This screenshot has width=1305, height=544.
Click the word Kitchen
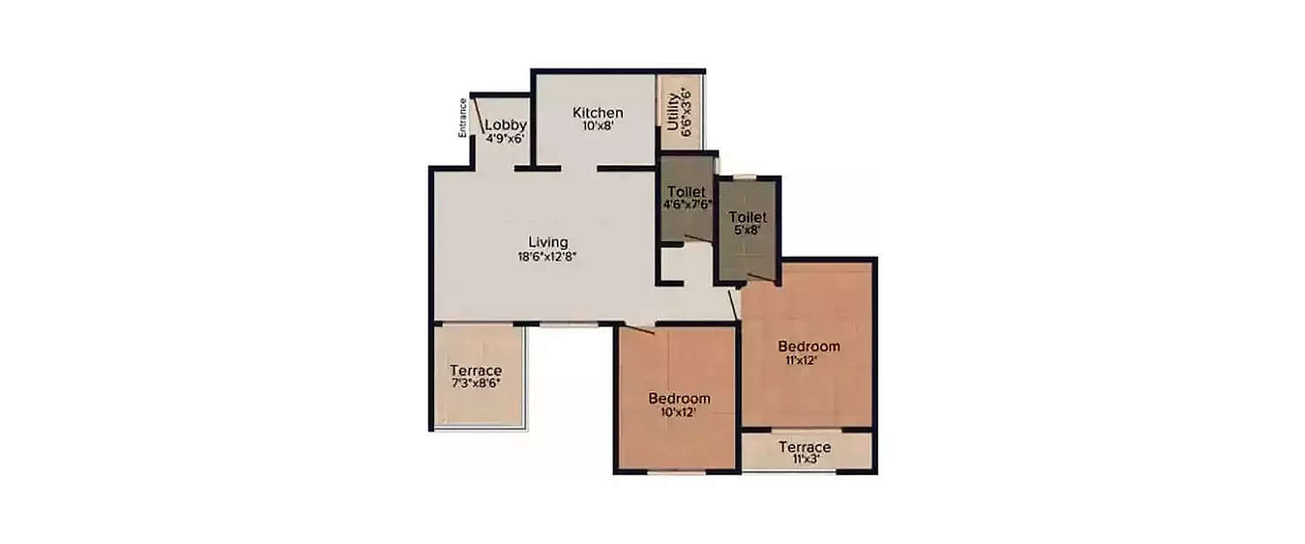point(598,112)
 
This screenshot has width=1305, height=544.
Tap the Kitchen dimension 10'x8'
point(598,125)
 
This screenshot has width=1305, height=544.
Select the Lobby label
point(505,124)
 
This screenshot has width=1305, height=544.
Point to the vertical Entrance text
point(464,118)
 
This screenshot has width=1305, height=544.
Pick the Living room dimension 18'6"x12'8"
point(548,256)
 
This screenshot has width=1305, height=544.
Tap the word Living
point(548,242)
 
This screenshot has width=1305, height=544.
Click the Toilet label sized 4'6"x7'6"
point(686,191)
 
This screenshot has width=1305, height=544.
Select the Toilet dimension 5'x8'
point(746,231)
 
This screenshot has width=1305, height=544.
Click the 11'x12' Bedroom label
point(809,346)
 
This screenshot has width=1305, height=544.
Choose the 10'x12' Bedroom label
point(679,399)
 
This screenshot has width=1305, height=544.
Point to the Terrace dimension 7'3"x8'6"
point(475,382)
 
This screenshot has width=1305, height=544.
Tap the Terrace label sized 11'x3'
point(805,447)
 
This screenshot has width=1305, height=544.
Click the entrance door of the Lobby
point(479,117)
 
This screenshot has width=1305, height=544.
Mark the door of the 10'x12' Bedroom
point(641,328)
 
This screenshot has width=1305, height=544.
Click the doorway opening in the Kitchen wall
point(579,167)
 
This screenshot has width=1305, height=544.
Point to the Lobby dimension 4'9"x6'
point(505,138)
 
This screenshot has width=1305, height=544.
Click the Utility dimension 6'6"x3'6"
point(686,111)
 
